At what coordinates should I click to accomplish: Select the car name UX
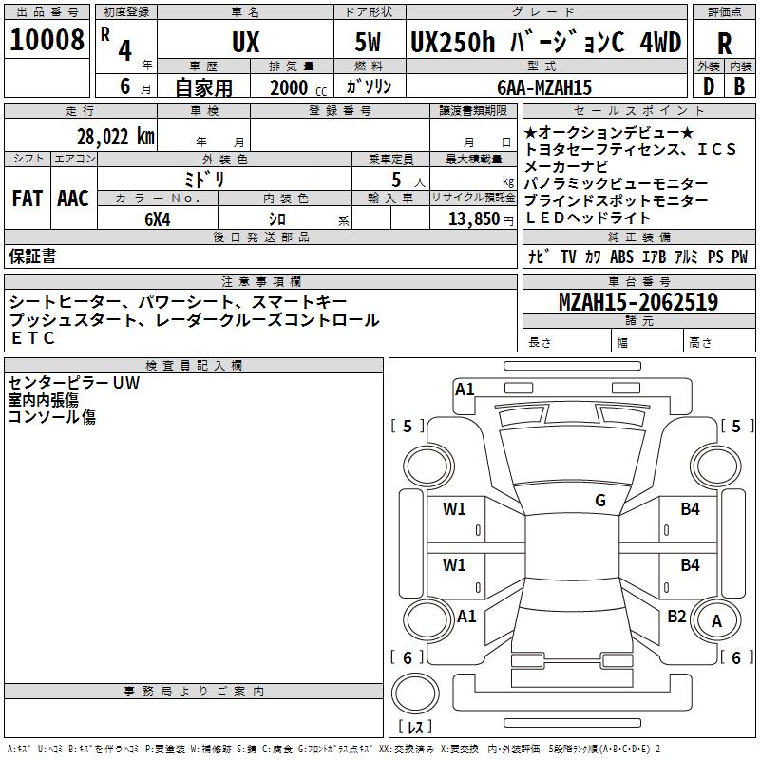pos(245,43)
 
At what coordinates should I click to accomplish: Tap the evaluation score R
pos(724,44)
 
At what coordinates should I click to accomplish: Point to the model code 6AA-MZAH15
pos(544,86)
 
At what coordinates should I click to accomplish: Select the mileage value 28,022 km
pos(115,137)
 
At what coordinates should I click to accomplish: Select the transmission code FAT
pos(27,198)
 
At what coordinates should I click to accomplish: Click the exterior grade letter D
pos(708,86)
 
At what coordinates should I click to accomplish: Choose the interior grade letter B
pos(739,86)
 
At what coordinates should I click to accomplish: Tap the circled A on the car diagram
pos(716,620)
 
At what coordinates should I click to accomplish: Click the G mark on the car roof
pos(599,501)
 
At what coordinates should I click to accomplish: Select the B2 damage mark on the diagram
pos(676,616)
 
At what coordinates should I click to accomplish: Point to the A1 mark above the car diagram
pos(465,389)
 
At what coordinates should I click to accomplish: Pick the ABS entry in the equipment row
pos(621,256)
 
